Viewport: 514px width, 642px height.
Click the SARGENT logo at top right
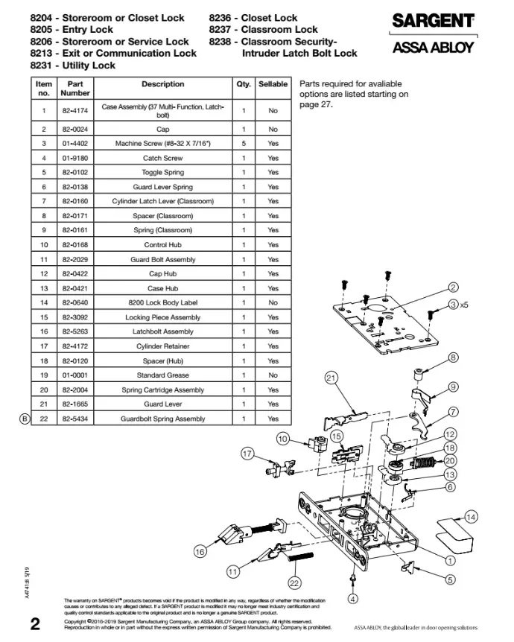434,22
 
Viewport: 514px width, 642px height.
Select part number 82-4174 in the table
75,111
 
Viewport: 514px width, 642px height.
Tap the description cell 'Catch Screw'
163,158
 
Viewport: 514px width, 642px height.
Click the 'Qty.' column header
244,85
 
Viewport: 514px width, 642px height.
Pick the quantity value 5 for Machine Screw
244,143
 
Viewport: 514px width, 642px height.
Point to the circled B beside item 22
24,419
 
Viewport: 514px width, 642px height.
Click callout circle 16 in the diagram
200,551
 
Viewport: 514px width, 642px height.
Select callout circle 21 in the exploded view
332,378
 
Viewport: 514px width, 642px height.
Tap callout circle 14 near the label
470,517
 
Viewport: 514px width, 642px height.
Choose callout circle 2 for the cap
453,288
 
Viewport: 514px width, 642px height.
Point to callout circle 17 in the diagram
248,453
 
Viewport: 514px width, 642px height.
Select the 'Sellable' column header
273,85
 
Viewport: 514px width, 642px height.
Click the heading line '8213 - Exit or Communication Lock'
113,54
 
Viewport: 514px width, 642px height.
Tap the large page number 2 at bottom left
34,624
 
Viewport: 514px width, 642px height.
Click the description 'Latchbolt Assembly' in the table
163,331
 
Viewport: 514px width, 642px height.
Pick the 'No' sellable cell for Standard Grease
273,375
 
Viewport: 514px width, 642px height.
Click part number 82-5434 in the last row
75,419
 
